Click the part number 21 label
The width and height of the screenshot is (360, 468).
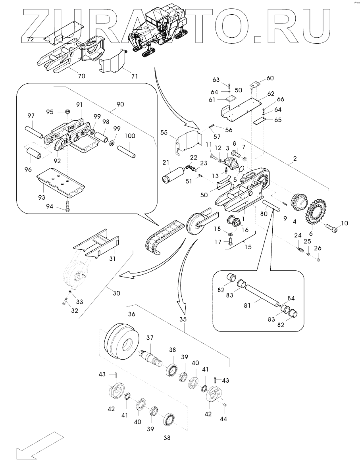point(165,163)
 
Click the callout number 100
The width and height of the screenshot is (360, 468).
point(130,136)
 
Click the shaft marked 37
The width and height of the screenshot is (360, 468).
point(151,355)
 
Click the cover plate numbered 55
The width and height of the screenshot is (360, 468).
point(187,141)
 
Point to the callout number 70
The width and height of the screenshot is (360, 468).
point(82,76)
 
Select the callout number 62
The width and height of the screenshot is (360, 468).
point(271,94)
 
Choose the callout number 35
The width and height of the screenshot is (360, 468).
point(183,318)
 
